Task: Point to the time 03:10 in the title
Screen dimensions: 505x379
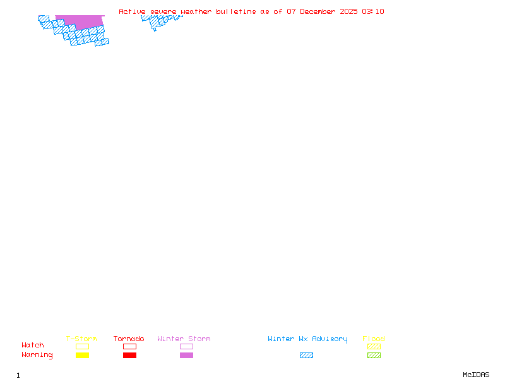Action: click(372, 11)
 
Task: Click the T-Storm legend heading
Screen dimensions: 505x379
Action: click(81, 339)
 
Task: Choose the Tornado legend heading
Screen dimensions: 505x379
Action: click(129, 339)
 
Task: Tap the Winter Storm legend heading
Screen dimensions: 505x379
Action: click(184, 339)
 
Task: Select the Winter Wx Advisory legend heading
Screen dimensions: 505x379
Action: click(307, 339)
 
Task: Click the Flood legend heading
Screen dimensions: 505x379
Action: click(374, 339)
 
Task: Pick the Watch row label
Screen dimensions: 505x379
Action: click(33, 346)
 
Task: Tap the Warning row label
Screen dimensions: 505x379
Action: click(37, 355)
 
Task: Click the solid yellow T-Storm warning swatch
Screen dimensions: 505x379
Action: click(82, 355)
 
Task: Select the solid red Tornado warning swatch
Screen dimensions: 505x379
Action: click(129, 355)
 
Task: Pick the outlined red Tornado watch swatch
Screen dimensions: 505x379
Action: click(129, 346)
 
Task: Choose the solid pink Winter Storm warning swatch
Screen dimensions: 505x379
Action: click(186, 355)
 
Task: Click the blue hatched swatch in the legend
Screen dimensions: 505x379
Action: click(306, 355)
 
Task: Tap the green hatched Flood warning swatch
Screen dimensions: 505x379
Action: click(374, 355)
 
